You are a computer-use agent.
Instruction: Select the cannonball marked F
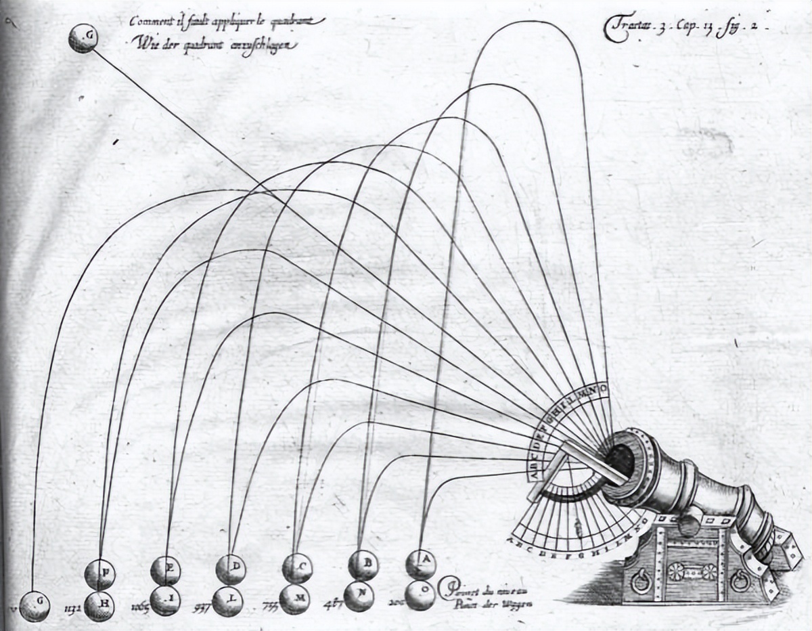pos(100,575)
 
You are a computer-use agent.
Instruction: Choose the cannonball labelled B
pos(363,564)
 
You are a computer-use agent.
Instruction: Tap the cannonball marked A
pos(421,563)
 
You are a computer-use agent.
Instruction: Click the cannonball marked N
pos(359,596)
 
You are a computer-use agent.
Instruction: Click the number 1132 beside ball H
pos(72,608)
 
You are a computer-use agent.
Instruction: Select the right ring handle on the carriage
pos(740,580)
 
